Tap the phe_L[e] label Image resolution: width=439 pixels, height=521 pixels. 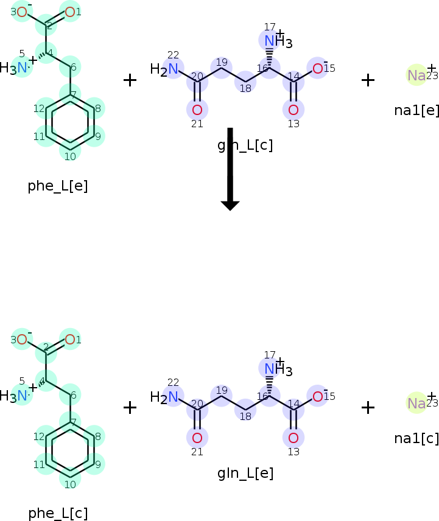pyautogui.click(x=58, y=186)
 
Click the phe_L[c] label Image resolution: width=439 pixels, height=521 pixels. pyautogui.click(x=58, y=513)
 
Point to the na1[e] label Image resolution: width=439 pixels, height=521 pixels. pyautogui.click(x=417, y=110)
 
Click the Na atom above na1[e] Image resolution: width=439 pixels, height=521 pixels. pyautogui.click(x=416, y=75)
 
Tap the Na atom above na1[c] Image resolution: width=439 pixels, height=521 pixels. pyautogui.click(x=416, y=403)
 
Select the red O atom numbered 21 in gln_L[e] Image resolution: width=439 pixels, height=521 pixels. pyautogui.click(x=197, y=438)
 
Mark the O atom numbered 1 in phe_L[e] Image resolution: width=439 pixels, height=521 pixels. pyautogui.click(x=70, y=12)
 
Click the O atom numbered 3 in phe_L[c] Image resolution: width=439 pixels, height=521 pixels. pyautogui.click(x=22, y=340)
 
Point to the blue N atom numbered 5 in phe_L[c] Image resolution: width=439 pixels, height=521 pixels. pyautogui.click(x=23, y=396)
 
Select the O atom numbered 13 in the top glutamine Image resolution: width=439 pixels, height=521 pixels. pyautogui.click(x=293, y=110)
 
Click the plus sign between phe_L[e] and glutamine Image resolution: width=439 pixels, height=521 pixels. pyautogui.click(x=130, y=80)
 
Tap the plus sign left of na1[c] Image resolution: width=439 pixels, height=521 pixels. pyautogui.click(x=368, y=407)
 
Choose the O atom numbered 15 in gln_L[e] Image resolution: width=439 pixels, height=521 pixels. pyautogui.click(x=318, y=397)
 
